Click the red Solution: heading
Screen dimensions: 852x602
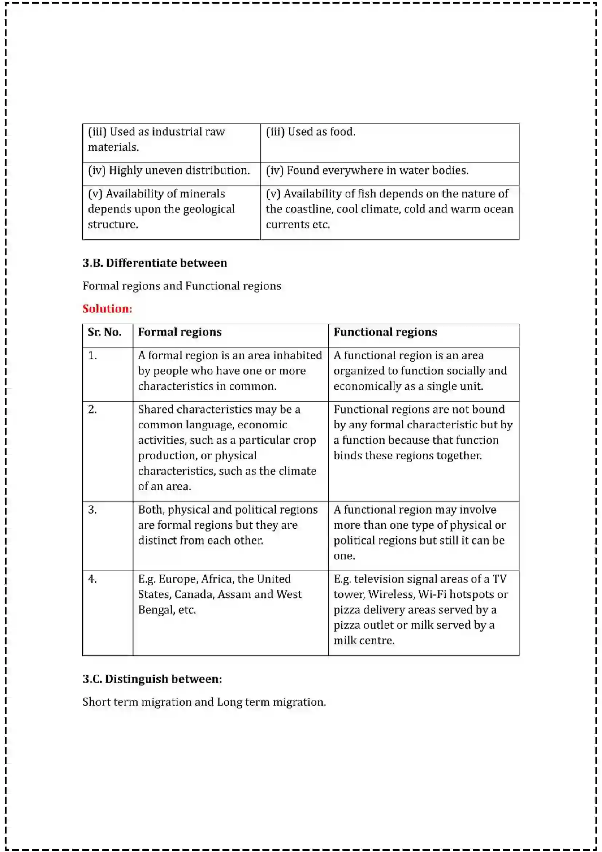tap(107, 309)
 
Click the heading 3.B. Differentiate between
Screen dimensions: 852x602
tap(155, 263)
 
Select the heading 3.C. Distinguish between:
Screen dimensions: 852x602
tap(152, 679)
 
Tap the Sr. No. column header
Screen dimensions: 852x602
tap(104, 332)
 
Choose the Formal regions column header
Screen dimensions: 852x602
tap(180, 332)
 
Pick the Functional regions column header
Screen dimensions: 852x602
tap(385, 332)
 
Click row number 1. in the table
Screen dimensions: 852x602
tap(93, 356)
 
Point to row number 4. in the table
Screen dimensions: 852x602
tap(93, 579)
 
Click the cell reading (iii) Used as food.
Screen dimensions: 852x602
tap(310, 132)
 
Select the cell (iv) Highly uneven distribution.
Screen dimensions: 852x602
tap(169, 170)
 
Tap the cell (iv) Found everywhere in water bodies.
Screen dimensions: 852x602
tap(367, 170)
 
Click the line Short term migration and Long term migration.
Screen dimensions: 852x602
tap(204, 702)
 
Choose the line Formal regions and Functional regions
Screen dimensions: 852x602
tap(182, 286)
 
